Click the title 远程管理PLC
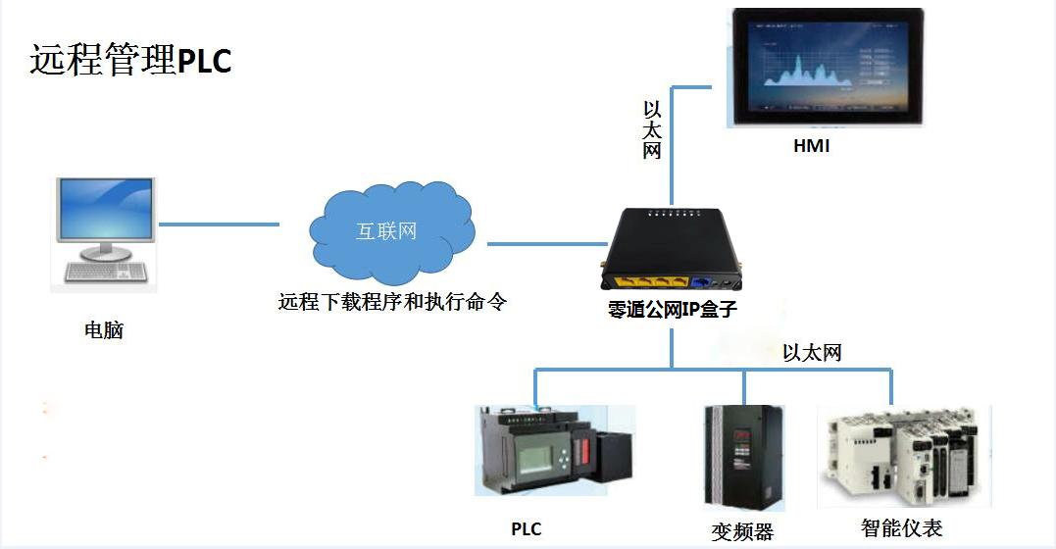click(x=130, y=60)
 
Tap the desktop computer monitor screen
click(x=106, y=210)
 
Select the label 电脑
click(x=104, y=330)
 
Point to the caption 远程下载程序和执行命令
click(x=392, y=302)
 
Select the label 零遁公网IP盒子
click(x=672, y=311)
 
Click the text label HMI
click(x=812, y=147)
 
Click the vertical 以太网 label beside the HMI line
click(x=652, y=129)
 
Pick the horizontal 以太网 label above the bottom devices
click(x=812, y=353)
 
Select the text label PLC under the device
click(x=527, y=529)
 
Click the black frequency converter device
click(x=743, y=457)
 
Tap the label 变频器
click(x=742, y=532)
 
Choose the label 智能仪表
click(x=902, y=529)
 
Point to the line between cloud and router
click(x=545, y=243)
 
